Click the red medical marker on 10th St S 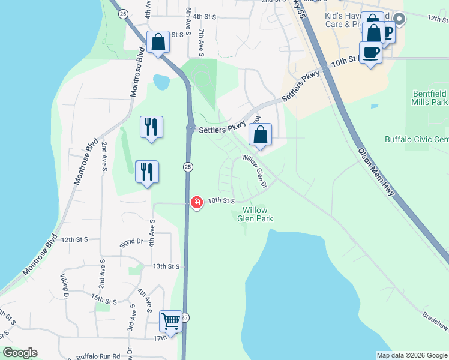click(196, 203)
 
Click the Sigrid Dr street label click(131, 242)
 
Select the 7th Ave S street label click(201, 41)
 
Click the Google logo click(20, 353)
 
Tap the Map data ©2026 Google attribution click(412, 355)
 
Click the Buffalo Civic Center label click(417, 140)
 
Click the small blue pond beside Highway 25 click(161, 80)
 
